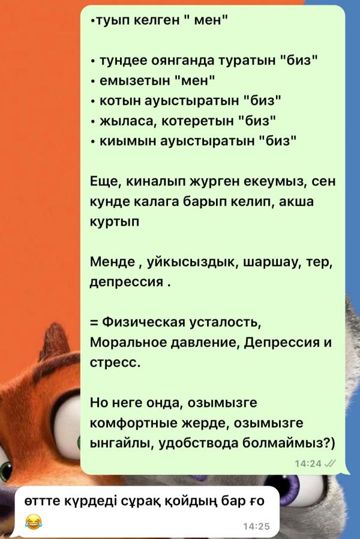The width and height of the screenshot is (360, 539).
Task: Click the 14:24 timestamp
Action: pos(308,463)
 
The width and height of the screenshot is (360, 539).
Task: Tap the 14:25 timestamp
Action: pos(258,526)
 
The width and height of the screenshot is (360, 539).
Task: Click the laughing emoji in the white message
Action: pos(34,520)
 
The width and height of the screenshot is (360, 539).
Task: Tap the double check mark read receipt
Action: pos(330,463)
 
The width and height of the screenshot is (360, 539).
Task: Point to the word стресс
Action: pos(114,363)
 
